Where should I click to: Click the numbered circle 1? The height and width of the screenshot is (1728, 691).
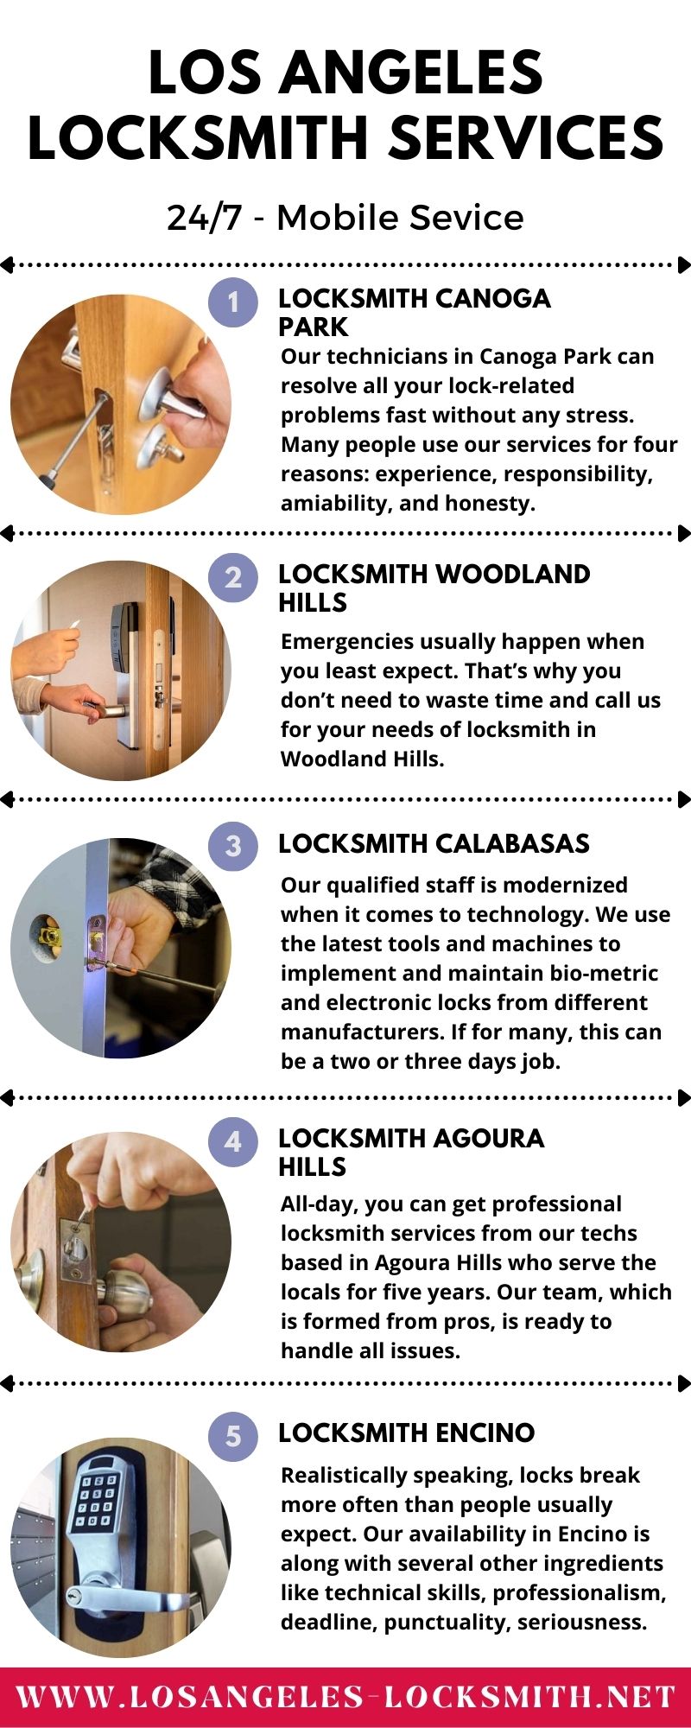tap(233, 302)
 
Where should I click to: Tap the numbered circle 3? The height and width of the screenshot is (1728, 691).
tap(233, 845)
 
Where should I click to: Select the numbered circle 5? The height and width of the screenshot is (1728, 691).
tap(233, 1437)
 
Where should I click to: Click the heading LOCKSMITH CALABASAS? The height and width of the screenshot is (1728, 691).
tap(434, 844)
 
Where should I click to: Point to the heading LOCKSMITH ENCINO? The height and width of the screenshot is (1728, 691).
tap(406, 1433)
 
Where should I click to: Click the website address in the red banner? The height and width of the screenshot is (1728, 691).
tap(345, 1696)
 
